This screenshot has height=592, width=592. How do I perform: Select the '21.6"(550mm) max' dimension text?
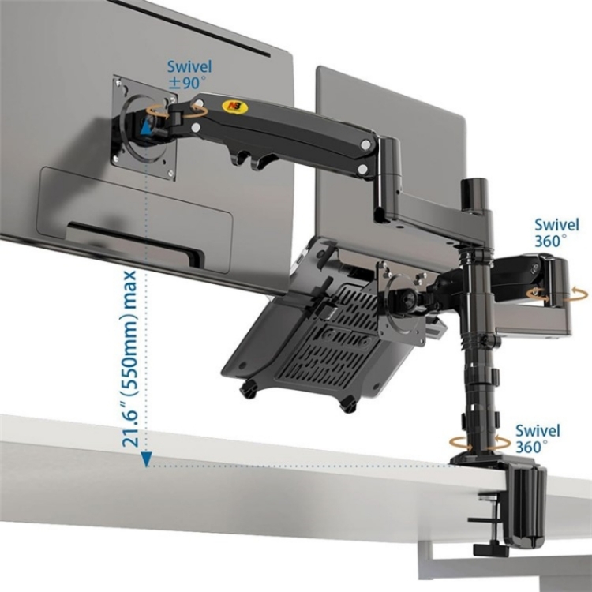coord(131,359)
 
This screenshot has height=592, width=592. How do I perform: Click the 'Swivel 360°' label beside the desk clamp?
coord(538,439)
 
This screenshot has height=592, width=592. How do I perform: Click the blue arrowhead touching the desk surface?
coord(147,459)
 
